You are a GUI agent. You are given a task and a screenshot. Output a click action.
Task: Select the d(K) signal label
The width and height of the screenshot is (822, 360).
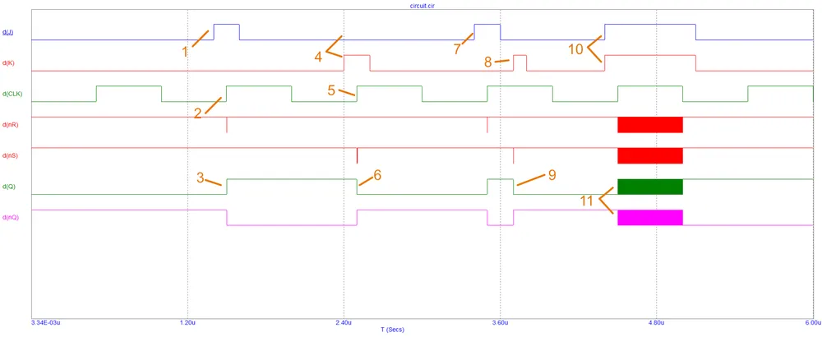(7, 62)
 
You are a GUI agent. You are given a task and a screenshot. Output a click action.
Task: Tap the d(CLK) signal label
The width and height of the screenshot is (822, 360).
(12, 94)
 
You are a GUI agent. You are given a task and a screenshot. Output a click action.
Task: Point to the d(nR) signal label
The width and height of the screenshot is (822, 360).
(10, 124)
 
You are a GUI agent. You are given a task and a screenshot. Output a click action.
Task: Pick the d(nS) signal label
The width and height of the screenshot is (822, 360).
(10, 155)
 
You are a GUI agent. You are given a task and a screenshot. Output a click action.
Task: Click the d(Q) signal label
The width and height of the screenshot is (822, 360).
(8, 187)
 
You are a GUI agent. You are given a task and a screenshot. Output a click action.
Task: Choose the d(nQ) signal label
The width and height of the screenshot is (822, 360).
(10, 217)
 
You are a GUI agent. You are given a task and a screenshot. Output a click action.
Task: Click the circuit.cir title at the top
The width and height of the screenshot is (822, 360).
(422, 5)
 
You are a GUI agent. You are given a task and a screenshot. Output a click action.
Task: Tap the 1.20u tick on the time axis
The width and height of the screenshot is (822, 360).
(187, 323)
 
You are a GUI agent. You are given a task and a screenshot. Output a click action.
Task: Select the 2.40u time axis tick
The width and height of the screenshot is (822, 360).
(344, 323)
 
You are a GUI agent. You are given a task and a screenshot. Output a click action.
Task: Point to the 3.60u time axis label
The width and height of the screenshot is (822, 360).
(500, 323)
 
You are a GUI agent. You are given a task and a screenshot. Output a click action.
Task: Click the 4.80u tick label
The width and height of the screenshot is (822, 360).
(656, 323)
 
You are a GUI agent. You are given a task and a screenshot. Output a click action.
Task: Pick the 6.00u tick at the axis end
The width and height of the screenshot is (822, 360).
(812, 323)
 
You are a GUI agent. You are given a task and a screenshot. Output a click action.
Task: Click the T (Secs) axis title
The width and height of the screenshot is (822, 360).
(391, 330)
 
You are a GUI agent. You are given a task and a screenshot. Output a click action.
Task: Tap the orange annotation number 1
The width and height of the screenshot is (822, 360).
(185, 51)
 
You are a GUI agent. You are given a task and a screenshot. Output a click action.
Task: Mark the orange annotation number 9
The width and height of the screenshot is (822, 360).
(552, 175)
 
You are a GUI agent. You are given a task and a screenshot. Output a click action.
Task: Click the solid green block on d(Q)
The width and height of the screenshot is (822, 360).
(649, 187)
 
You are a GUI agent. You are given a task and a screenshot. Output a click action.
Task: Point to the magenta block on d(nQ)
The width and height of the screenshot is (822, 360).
(649, 217)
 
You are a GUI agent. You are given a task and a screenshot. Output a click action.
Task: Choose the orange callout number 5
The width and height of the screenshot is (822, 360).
(331, 90)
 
